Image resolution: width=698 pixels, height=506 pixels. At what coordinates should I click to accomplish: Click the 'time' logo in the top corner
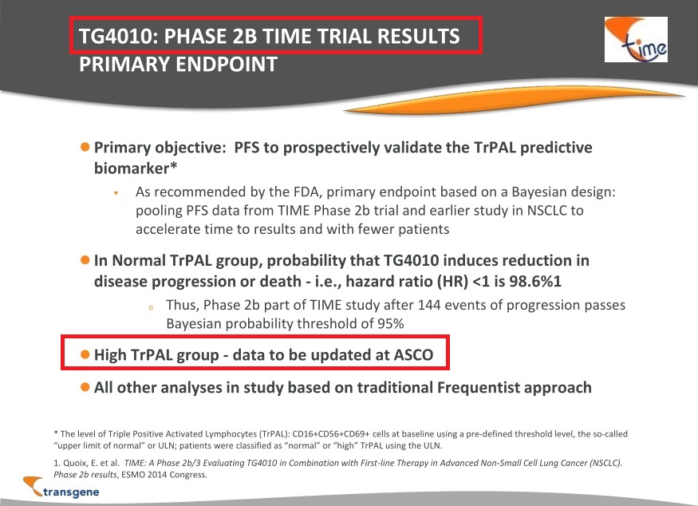coord(636,39)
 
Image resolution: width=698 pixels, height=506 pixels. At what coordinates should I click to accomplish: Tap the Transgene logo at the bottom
coord(61,487)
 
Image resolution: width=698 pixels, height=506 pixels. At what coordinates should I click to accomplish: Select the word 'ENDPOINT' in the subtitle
coord(227,64)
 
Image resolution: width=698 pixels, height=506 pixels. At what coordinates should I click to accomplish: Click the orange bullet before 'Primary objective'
coord(85,147)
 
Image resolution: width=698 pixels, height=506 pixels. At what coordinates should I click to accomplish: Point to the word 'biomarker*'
coord(136,168)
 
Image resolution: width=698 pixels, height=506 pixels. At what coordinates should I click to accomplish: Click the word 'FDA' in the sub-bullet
coord(306,192)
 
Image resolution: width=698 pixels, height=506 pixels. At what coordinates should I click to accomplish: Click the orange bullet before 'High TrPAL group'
coord(85,354)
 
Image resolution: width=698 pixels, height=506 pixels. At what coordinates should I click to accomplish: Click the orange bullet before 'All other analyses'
coord(85,386)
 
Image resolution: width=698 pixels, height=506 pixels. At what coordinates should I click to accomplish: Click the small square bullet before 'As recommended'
coord(116,193)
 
